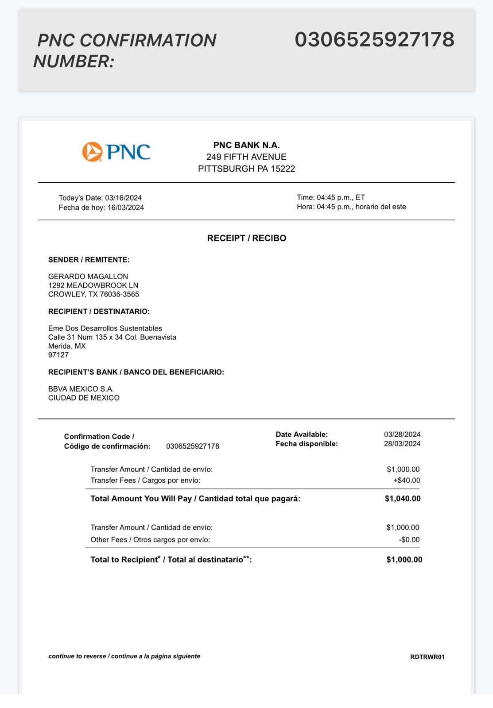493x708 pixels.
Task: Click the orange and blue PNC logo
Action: point(116,152)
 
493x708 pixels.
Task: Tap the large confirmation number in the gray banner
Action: point(374,39)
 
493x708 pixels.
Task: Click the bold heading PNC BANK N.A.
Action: point(246,145)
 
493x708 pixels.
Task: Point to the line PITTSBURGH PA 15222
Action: point(246,169)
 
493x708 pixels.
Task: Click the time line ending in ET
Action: point(331,197)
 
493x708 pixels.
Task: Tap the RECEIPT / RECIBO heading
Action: point(246,238)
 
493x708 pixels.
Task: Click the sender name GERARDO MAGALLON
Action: point(88,277)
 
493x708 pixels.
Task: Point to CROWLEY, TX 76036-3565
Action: point(93,294)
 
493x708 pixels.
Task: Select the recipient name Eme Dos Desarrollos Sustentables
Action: point(105,328)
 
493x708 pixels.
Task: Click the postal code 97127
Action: point(58,355)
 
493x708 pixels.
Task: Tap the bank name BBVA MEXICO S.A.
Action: point(81,389)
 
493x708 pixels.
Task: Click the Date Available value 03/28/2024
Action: point(402,434)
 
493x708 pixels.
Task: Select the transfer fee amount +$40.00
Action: point(407,480)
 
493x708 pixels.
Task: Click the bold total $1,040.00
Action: point(403,499)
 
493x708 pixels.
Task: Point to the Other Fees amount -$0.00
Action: point(409,539)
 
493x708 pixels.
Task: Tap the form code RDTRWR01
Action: point(427,657)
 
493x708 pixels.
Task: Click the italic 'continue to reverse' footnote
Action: point(124,656)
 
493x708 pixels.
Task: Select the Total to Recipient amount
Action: point(404,560)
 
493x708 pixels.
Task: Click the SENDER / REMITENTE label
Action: point(89,260)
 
